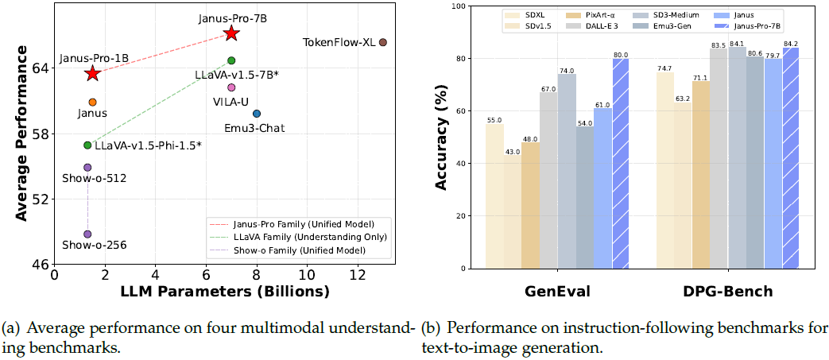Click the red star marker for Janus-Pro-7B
231,33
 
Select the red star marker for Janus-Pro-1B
92,73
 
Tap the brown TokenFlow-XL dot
383,42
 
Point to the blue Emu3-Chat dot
257,114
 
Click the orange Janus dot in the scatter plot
92,103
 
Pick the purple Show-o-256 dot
87,234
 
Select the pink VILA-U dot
231,87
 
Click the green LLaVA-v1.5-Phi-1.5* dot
87,145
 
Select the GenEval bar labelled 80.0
621,164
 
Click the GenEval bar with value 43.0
512,212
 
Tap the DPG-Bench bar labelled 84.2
791,158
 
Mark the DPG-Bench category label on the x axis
727,291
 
